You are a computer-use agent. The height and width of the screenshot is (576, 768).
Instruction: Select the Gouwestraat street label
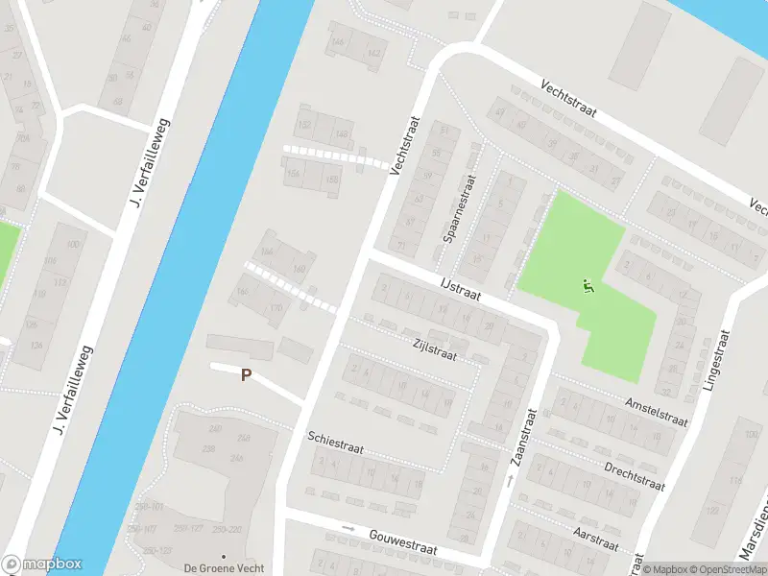click(402, 544)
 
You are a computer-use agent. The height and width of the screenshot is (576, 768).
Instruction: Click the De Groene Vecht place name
click(224, 568)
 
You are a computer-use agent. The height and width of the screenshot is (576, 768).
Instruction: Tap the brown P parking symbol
click(246, 375)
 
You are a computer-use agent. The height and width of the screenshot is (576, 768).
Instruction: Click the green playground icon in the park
click(588, 285)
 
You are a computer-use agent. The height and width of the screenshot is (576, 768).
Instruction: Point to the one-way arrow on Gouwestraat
click(348, 528)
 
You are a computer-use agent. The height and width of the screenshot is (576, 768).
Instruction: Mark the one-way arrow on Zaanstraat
click(510, 478)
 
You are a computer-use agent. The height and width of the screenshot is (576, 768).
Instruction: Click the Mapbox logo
click(42, 564)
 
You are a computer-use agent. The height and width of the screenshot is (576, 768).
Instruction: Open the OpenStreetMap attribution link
click(729, 569)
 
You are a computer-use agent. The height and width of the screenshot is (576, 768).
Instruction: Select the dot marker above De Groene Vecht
click(224, 556)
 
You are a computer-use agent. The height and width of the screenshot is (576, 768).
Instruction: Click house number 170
click(276, 308)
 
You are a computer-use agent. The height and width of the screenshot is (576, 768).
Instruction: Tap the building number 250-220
click(227, 529)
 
